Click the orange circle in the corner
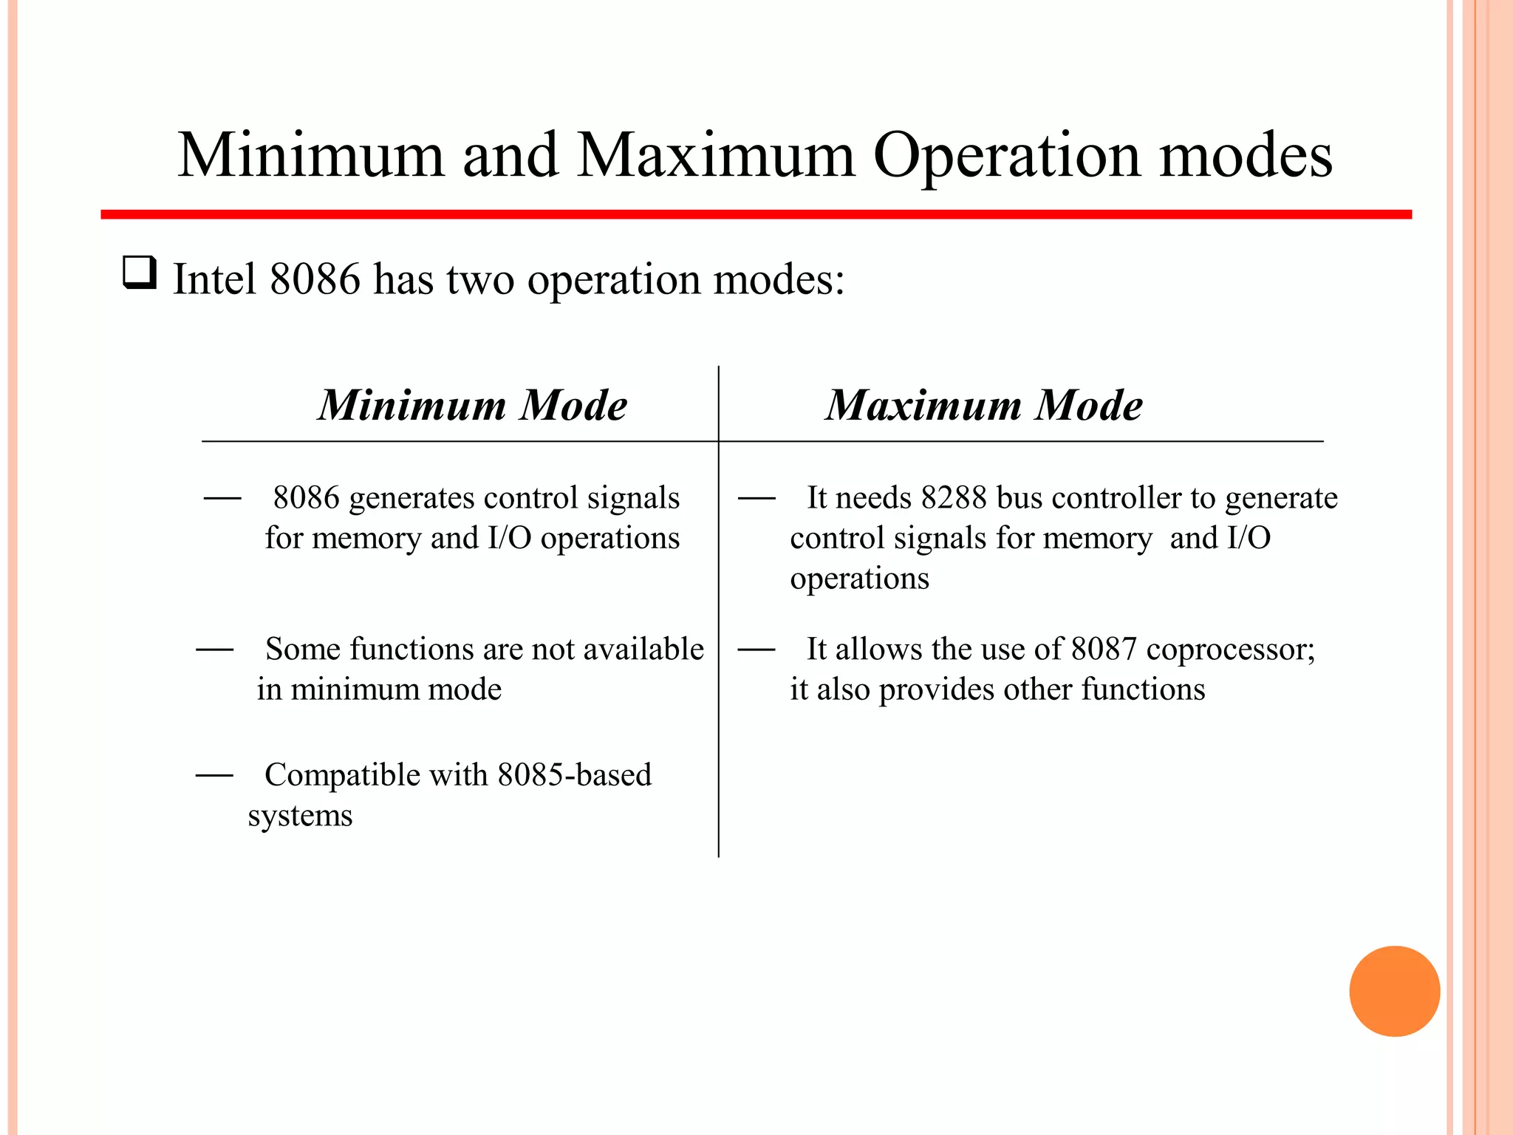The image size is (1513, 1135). click(x=1394, y=991)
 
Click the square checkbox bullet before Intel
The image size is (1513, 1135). click(x=140, y=272)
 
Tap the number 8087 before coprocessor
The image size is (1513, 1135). click(x=1104, y=650)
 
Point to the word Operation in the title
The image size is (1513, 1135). click(x=1006, y=157)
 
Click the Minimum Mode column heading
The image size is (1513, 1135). click(x=473, y=406)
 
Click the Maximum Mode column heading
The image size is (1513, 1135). click(x=984, y=406)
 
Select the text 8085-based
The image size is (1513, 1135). click(x=574, y=775)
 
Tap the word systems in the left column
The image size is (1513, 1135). click(x=300, y=816)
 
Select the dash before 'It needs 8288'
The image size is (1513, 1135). click(x=756, y=499)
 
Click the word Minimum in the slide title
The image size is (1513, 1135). click(x=311, y=157)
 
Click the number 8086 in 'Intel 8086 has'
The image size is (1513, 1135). click(x=315, y=279)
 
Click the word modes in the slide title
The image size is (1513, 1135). click(x=1246, y=157)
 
